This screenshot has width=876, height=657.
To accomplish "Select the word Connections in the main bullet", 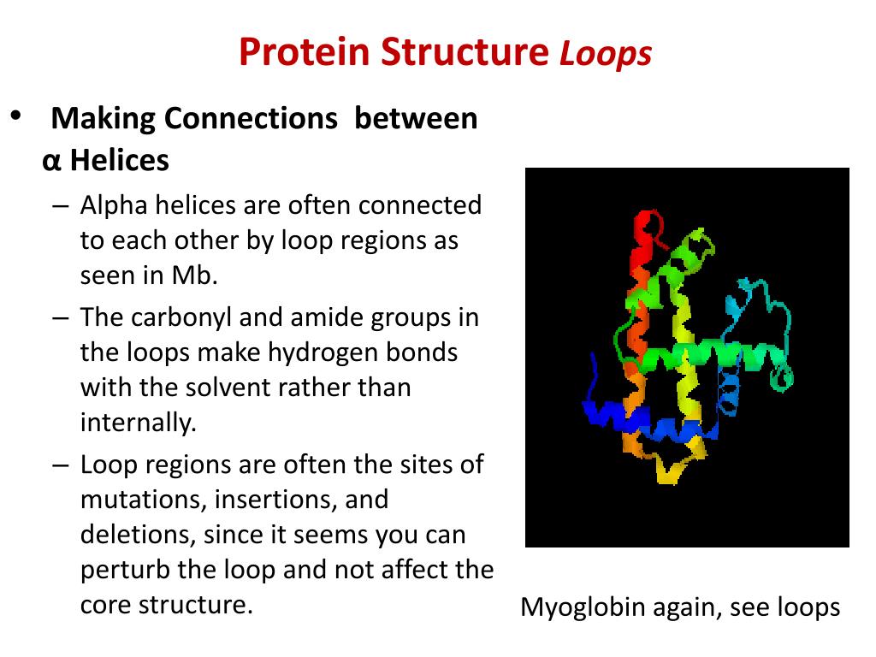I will tap(252, 118).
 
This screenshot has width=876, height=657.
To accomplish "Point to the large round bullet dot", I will tap(15, 115).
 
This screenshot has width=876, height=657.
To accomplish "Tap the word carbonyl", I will tap(182, 317).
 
